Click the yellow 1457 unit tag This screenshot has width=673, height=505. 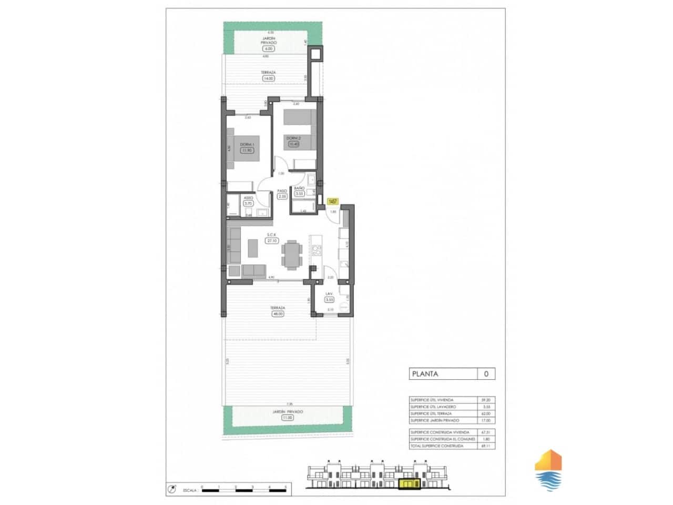click(x=332, y=201)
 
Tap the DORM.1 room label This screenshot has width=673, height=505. click(x=247, y=145)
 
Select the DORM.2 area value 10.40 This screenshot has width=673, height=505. click(x=293, y=143)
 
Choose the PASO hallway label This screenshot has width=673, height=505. click(x=282, y=191)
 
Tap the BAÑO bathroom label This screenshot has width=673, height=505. click(x=299, y=188)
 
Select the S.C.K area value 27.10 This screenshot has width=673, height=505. click(x=272, y=241)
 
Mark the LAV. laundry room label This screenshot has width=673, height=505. click(x=330, y=294)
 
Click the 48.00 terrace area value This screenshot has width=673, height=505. click(x=277, y=314)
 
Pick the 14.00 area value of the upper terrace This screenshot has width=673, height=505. click(x=268, y=78)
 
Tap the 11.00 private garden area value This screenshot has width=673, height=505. click(x=287, y=418)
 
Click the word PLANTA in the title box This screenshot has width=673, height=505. click(x=425, y=374)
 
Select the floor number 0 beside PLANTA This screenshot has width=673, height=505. click(x=486, y=374)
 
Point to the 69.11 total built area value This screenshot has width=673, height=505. click(x=485, y=446)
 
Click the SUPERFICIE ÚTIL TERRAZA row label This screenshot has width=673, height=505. click(x=431, y=413)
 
